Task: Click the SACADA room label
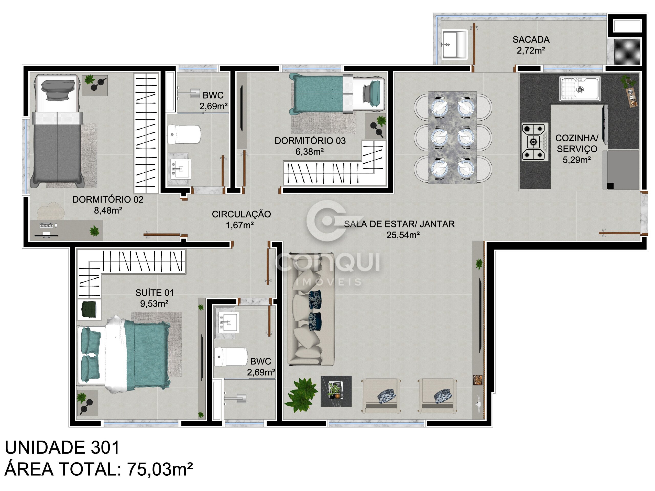[531, 39]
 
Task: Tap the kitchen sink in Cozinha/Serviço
[580, 89]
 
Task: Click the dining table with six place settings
[452, 137]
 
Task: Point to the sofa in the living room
[311, 309]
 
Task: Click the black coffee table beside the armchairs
[336, 391]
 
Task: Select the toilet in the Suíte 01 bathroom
[231, 357]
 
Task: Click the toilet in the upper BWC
[184, 134]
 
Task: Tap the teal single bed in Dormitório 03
[337, 94]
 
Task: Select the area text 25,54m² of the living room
[403, 235]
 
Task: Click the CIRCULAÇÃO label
[241, 214]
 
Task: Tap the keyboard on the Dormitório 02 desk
[47, 225]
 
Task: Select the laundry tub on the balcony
[455, 44]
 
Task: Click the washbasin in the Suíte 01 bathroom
[228, 322]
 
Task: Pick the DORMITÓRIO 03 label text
[310, 141]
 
